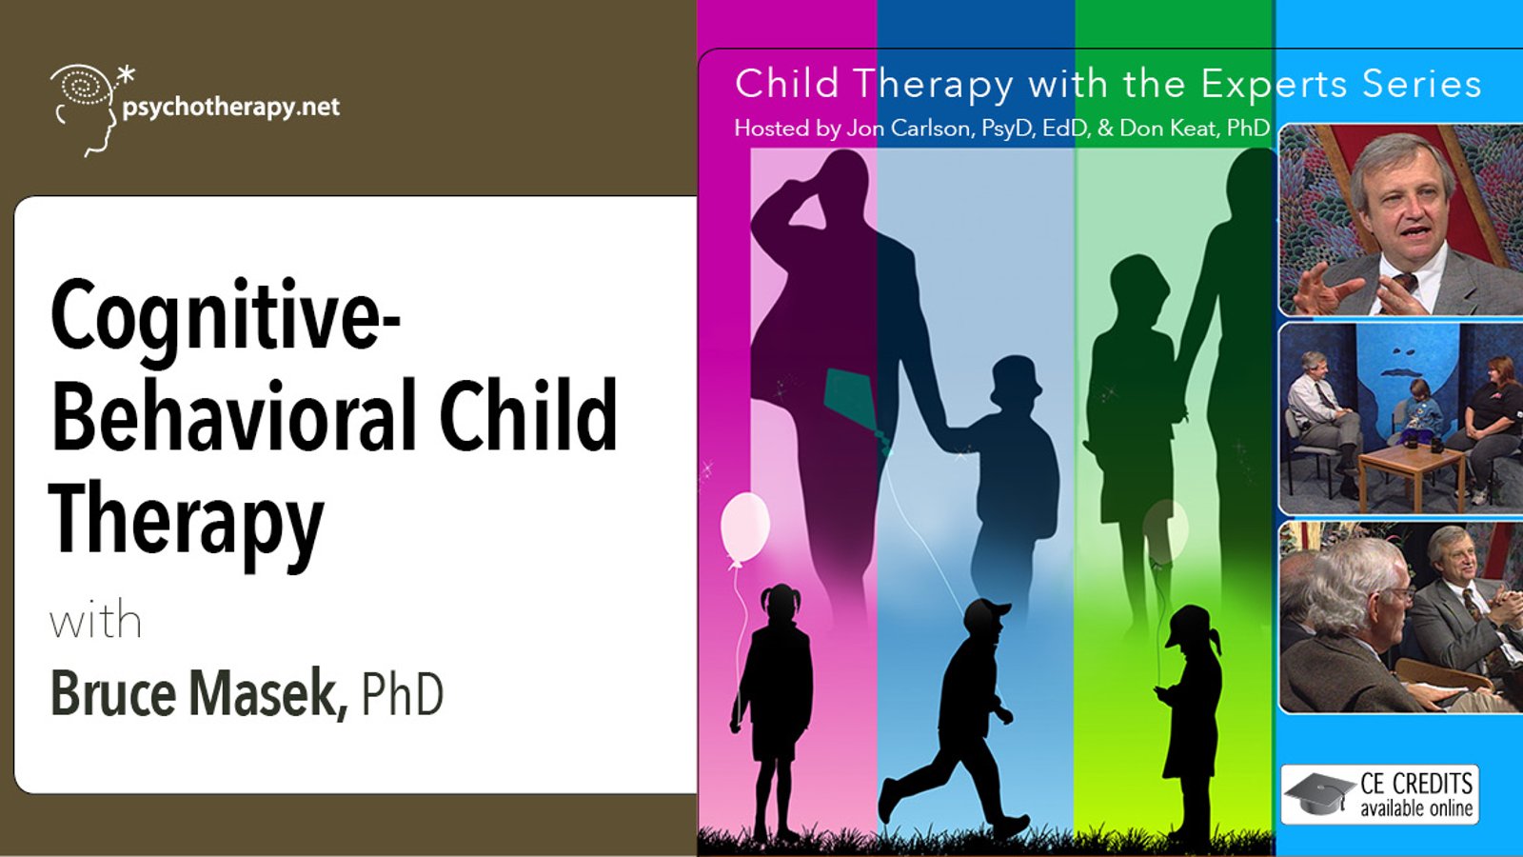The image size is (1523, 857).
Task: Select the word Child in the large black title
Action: tap(528, 415)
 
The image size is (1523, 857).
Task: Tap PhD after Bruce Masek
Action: tap(402, 694)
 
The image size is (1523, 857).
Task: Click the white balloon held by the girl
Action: tap(745, 528)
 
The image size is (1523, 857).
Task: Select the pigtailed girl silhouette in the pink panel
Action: tap(772, 708)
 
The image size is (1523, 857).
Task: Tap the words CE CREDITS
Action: tap(1416, 785)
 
